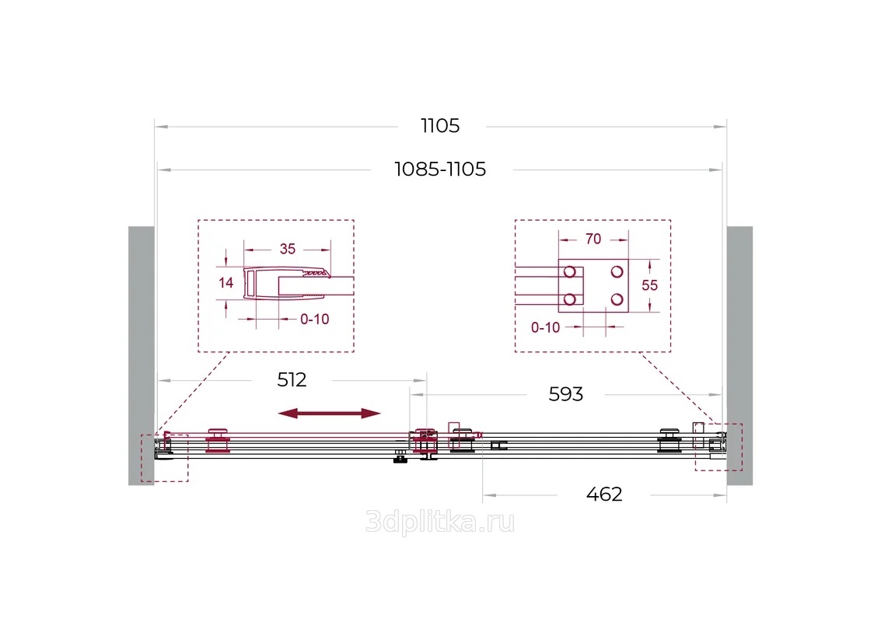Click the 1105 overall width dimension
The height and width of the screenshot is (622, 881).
tap(440, 126)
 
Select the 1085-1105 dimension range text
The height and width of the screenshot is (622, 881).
tap(440, 169)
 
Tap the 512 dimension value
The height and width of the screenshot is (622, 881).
tap(292, 380)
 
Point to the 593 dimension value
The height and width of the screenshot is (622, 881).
tap(566, 394)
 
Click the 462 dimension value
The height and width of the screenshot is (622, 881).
tap(604, 494)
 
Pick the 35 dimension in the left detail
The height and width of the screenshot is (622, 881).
tap(287, 249)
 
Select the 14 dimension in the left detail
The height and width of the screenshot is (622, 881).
tap(225, 283)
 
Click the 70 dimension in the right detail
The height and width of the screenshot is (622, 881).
tap(593, 239)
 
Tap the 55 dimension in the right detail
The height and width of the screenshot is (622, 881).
tap(649, 285)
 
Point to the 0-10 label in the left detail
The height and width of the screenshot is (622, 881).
tap(315, 319)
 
